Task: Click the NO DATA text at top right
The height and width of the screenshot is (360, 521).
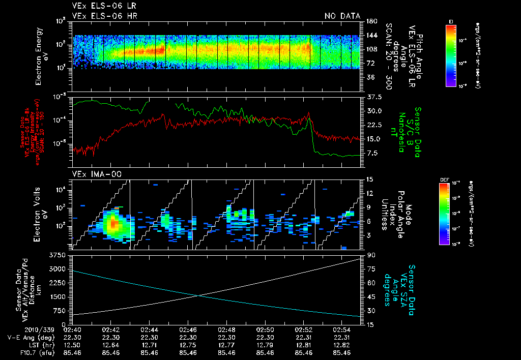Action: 342,16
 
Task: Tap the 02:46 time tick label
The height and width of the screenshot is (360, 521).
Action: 188,329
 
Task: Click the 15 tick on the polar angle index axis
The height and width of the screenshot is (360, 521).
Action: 368,179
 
